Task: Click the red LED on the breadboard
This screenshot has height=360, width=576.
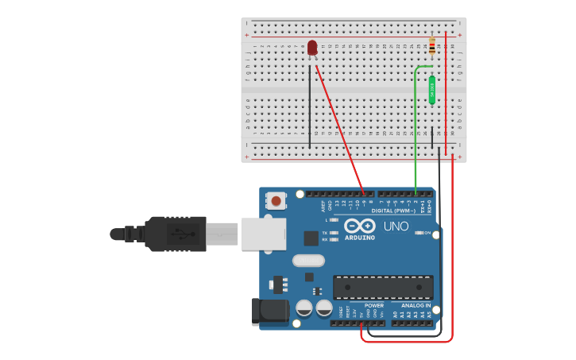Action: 312,48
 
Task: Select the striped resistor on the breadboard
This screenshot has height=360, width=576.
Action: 431,46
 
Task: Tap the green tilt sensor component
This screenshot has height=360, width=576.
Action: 432,90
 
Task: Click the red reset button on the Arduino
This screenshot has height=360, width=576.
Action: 276,200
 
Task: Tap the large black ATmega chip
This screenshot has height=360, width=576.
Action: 383,287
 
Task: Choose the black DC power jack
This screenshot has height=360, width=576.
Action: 269,312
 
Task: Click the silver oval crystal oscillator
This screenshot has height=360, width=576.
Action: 308,260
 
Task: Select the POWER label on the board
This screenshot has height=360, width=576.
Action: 373,305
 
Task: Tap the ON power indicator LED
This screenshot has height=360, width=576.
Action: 419,232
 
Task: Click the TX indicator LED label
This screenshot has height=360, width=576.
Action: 325,232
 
